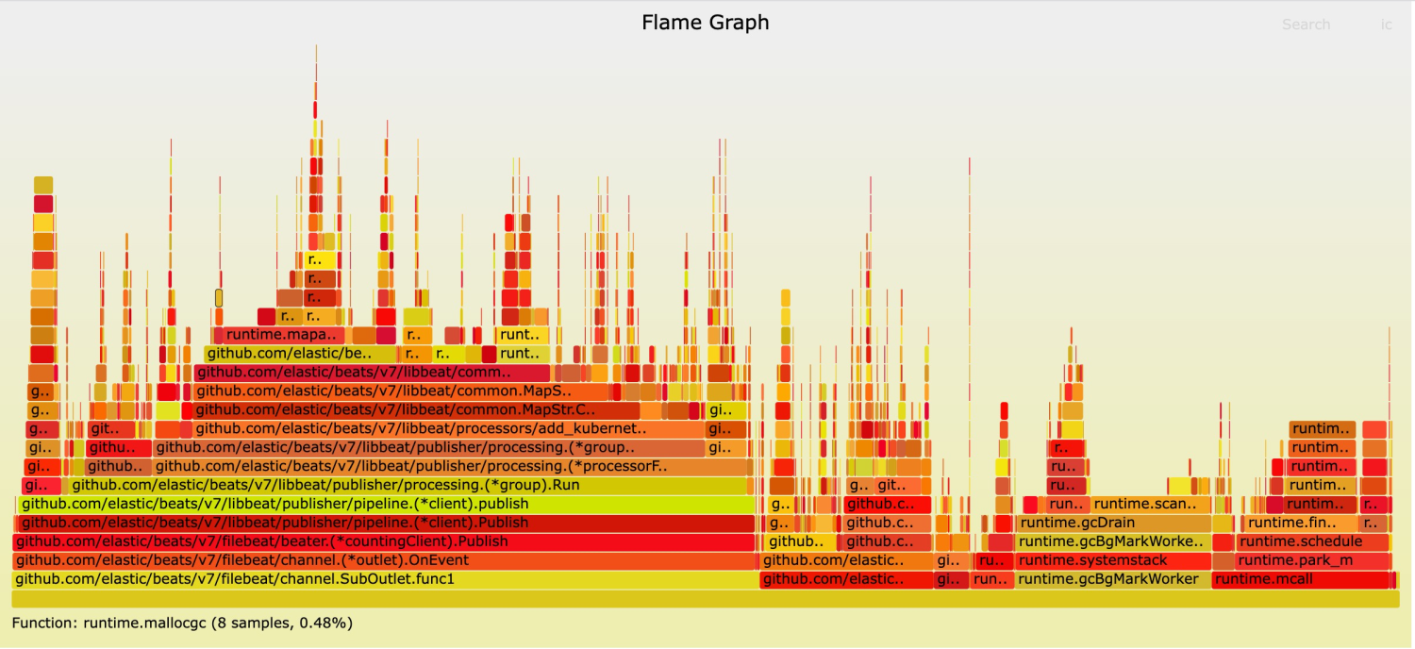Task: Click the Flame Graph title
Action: tap(706, 23)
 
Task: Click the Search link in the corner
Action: tap(1306, 25)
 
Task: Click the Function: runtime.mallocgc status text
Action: tap(182, 623)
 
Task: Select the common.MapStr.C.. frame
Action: tap(415, 410)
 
